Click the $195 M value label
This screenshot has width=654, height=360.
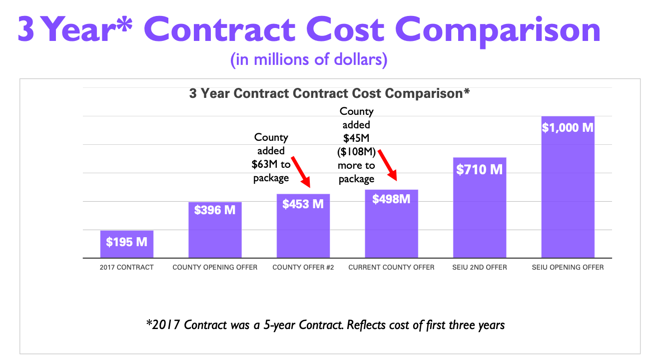[x=126, y=242]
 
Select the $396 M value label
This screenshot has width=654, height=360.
[x=215, y=210]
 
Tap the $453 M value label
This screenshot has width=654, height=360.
[x=303, y=204]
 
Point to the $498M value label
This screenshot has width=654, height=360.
[x=391, y=199]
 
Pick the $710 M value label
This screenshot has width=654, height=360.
[x=480, y=170]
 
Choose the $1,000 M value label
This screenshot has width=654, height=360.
[x=568, y=128]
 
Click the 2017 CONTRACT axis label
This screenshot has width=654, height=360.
[x=126, y=267]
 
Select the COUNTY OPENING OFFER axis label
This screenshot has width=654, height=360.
[x=215, y=267]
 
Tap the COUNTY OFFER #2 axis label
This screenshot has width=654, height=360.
[x=303, y=267]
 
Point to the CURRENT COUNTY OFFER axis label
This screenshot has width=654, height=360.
[x=391, y=267]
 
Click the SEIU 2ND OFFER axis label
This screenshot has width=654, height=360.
[x=480, y=267]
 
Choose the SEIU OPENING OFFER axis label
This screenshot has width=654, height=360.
[x=568, y=267]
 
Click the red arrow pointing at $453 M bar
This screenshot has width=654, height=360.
[x=301, y=172]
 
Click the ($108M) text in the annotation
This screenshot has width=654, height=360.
[x=356, y=152]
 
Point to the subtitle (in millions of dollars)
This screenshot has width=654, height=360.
[x=309, y=60]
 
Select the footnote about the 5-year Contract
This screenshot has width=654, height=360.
[x=325, y=325]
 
